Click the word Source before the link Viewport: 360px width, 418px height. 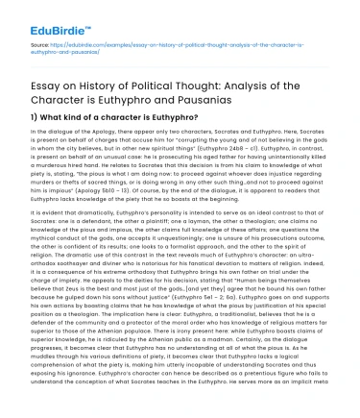[30, 43]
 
